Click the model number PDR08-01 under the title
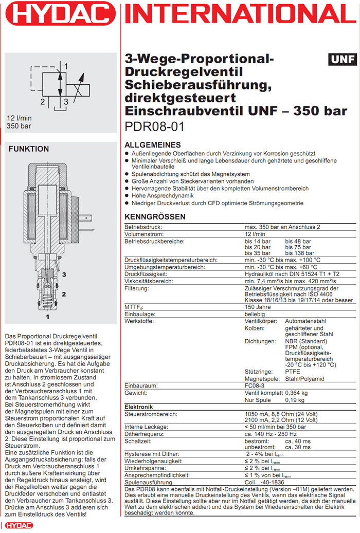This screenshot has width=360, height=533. click(155, 126)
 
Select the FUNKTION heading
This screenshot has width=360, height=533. click(29, 149)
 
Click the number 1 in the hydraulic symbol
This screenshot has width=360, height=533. click(66, 65)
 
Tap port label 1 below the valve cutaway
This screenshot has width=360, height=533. click(48, 317)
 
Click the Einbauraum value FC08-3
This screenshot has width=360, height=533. click(255, 385)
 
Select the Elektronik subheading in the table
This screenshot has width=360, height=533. click(139, 407)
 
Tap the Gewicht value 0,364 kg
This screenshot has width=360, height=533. click(304, 392)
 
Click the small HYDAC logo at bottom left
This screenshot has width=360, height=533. click(19, 525)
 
